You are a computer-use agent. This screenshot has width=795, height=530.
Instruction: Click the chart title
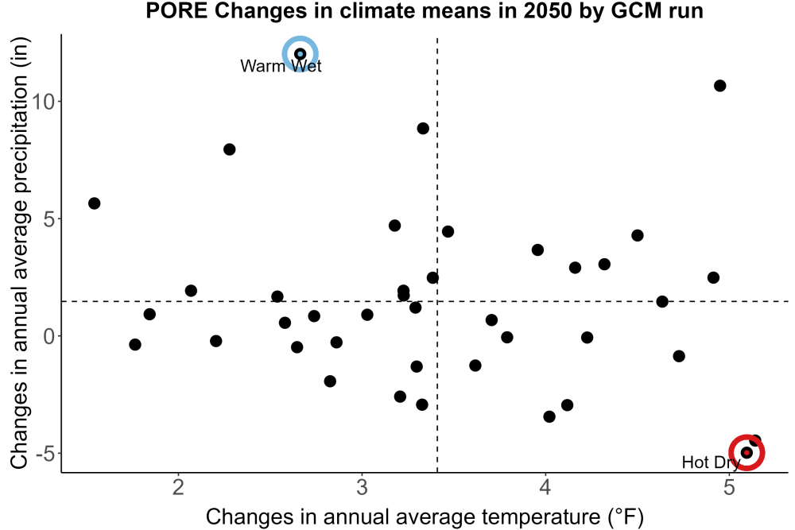[425, 10]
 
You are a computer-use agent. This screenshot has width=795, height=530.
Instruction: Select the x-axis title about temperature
[425, 516]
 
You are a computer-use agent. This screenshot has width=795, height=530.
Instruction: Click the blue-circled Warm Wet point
[301, 54]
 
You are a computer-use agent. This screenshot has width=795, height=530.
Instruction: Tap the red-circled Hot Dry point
[747, 452]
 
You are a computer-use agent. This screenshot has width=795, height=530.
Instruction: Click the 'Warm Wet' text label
[281, 66]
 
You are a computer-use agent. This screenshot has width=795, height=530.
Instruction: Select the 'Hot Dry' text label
[711, 462]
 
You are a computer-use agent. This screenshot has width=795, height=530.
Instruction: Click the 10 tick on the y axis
[43, 102]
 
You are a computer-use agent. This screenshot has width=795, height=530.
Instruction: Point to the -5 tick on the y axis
[45, 454]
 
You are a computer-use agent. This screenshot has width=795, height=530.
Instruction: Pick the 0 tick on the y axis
[49, 336]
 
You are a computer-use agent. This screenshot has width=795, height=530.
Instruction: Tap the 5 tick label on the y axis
[49, 219]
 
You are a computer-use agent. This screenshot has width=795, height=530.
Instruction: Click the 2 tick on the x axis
[178, 487]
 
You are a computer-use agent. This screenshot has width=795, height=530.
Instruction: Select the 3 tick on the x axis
[362, 487]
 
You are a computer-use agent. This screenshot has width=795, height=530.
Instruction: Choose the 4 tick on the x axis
[545, 487]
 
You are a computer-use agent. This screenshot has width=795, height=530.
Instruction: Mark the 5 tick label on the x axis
[729, 487]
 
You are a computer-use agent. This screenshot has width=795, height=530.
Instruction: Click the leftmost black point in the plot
[95, 203]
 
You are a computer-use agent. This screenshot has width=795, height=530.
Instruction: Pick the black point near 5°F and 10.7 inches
[720, 86]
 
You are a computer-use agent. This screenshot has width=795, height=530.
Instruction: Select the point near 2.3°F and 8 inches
[229, 149]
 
